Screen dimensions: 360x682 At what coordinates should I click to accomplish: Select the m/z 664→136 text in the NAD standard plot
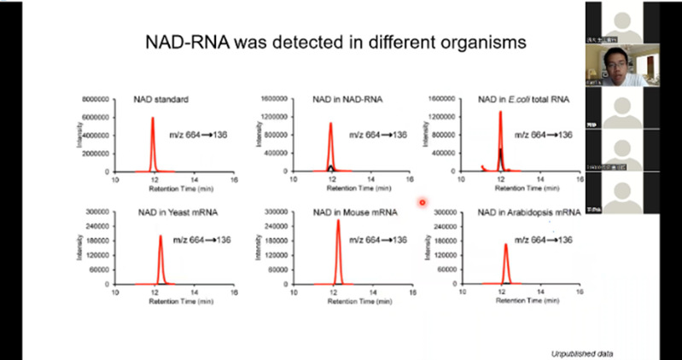[x=201, y=134]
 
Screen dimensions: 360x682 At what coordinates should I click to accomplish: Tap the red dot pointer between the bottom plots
[x=422, y=202]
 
